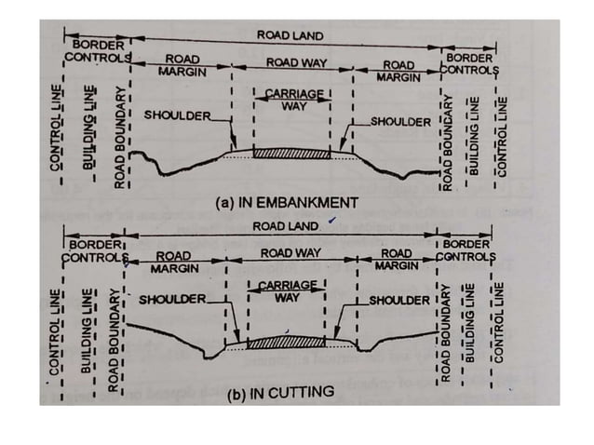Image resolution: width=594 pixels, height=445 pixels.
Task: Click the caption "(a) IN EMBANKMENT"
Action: pos(286,201)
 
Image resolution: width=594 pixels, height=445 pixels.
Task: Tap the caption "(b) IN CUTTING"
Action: pos(280,392)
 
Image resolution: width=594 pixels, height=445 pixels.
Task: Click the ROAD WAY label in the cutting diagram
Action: pos(290,252)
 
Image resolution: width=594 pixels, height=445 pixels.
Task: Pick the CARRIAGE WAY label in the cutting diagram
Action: pos(287,291)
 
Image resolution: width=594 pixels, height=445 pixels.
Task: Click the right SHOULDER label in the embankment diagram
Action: pos(400,122)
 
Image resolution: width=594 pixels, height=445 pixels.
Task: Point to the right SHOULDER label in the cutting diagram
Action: pos(399,302)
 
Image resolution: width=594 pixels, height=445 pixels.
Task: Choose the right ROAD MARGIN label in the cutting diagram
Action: pos(396,259)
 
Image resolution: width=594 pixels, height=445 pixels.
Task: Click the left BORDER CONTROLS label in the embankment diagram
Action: pos(99,49)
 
